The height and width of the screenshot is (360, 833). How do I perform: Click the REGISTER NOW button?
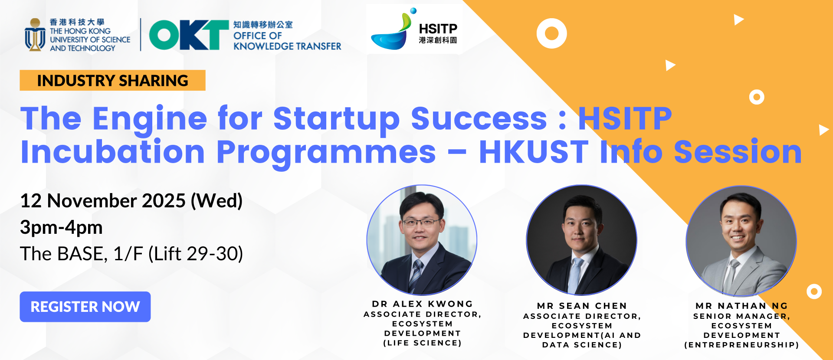[85, 307]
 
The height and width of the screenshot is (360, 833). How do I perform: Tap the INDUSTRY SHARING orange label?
[112, 80]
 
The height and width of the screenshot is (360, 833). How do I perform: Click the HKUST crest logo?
[35, 35]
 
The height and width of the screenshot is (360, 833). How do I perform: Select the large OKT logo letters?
[189, 35]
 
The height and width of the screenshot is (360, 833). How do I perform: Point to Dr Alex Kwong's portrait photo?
[422, 240]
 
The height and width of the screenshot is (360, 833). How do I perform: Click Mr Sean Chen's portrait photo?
[581, 240]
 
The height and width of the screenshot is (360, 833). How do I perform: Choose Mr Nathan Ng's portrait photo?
[741, 241]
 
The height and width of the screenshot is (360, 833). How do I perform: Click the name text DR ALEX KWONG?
[423, 304]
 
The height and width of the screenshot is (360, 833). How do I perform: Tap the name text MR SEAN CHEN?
[582, 306]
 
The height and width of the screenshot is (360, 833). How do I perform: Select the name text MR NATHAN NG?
[741, 306]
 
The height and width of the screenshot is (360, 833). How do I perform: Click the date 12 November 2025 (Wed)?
[131, 201]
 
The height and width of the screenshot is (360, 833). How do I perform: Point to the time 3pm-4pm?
[61, 227]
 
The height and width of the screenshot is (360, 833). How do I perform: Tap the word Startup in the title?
[336, 118]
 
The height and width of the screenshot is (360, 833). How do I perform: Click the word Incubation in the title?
[113, 152]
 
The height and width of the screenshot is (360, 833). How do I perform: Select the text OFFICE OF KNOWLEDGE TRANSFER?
[287, 41]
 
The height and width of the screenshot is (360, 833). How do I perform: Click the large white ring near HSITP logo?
[551, 33]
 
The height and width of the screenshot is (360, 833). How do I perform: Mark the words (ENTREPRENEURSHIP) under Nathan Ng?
[741, 345]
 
